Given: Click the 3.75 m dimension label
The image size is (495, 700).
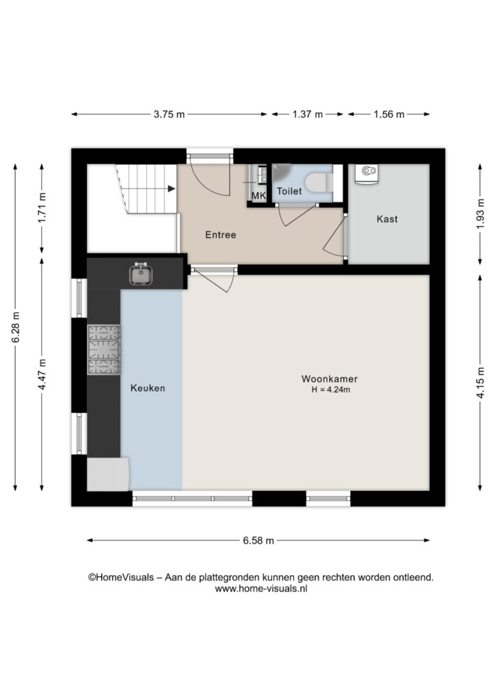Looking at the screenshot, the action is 169,114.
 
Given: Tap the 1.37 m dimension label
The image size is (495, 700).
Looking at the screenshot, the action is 308,114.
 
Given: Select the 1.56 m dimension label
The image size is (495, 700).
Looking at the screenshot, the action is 389,114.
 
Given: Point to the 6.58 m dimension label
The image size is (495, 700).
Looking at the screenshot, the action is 258,541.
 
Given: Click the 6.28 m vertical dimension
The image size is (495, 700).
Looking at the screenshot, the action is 16,327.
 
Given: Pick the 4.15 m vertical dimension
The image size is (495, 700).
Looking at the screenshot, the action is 480,383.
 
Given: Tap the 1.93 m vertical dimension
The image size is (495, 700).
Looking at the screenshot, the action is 480,214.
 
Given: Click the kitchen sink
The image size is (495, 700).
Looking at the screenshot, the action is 141,273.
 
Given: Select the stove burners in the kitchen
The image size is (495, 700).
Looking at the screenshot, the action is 103,349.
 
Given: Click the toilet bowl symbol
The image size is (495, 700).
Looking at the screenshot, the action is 319,182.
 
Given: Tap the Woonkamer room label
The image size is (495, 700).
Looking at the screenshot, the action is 330,379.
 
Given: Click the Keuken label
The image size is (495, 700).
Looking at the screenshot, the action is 148,388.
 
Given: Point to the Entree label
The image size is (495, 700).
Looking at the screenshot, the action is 221,235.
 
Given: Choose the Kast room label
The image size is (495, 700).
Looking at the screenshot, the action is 387,219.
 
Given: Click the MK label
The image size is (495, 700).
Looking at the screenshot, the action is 258,196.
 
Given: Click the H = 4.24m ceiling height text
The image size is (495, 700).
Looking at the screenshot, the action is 331,390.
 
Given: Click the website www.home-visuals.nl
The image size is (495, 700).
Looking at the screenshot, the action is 261,589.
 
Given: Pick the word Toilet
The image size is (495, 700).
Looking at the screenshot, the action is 289,191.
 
